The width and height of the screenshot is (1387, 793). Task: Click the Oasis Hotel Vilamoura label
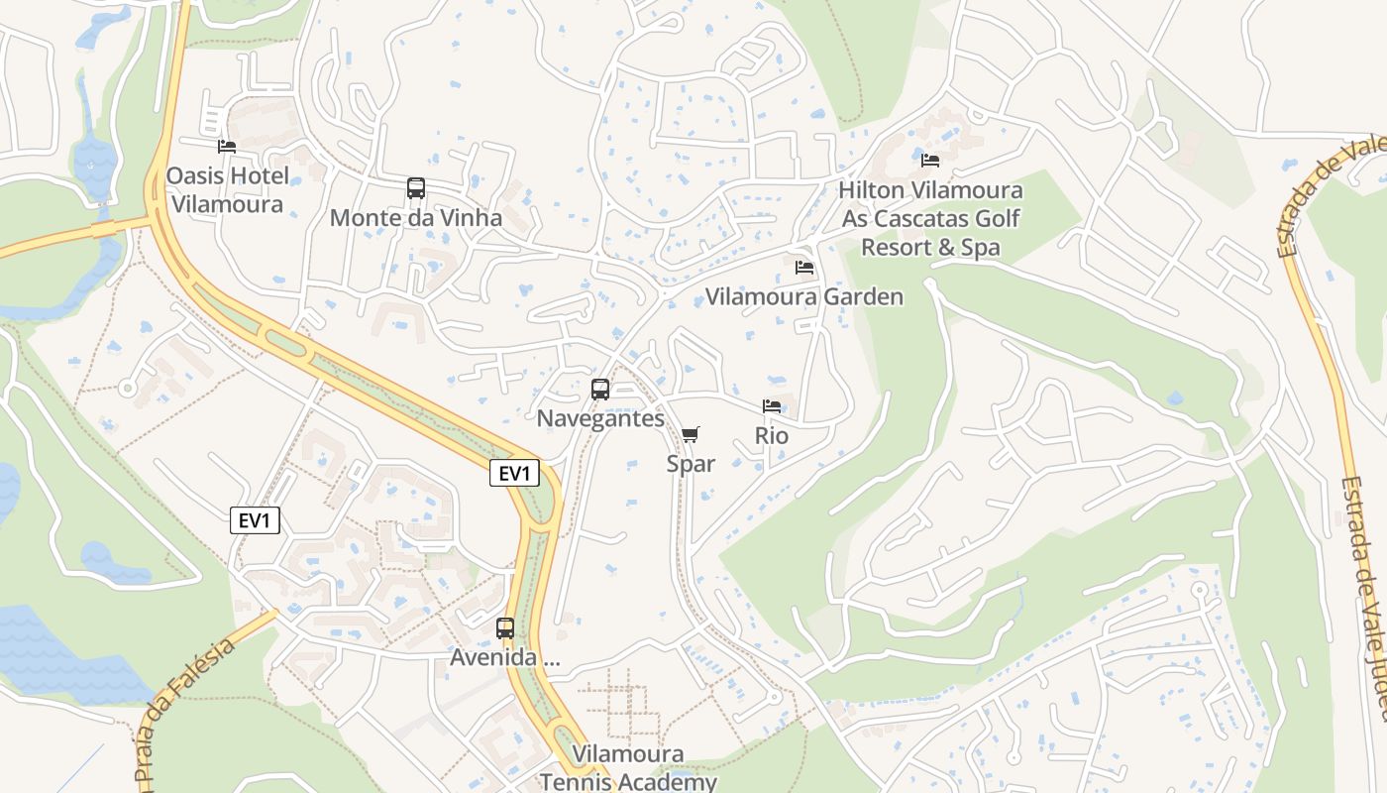(x=228, y=190)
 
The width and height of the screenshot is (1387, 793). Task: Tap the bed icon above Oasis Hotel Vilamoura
(x=227, y=147)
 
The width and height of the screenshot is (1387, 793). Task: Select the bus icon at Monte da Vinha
(x=416, y=188)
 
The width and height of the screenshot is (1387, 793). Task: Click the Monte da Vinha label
(x=416, y=218)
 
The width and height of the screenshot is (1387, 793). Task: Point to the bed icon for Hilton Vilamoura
(x=930, y=160)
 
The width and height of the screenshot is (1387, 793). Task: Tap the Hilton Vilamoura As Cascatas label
(x=930, y=218)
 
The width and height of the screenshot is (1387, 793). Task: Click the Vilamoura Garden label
(x=804, y=297)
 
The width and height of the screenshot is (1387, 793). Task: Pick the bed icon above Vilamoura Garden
(x=804, y=268)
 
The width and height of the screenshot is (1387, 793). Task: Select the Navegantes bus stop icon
(x=600, y=390)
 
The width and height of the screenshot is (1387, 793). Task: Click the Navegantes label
(x=600, y=418)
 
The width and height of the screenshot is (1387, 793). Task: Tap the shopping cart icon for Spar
(x=691, y=434)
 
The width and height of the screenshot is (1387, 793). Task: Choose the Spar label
(x=691, y=463)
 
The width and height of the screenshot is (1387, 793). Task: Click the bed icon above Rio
(x=772, y=406)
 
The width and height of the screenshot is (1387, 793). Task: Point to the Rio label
(x=772, y=435)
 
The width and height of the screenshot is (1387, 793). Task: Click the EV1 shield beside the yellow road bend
(x=514, y=474)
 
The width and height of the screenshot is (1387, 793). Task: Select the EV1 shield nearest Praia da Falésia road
(x=256, y=520)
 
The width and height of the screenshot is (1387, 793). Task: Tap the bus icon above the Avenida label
(x=505, y=627)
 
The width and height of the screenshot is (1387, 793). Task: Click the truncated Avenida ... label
(x=505, y=657)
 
